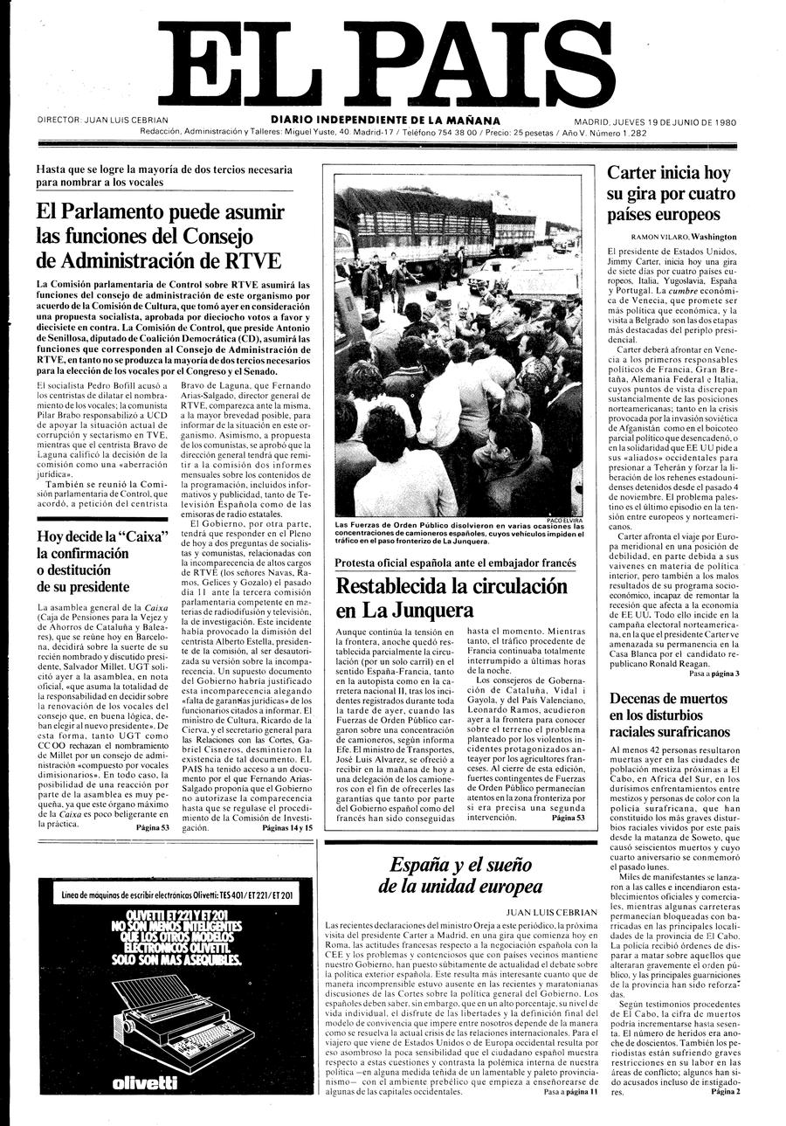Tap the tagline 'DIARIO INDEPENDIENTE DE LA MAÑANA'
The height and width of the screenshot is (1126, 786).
[385, 121]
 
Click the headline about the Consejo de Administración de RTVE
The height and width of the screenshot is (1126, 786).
[161, 236]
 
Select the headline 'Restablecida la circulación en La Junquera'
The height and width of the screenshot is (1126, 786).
[451, 598]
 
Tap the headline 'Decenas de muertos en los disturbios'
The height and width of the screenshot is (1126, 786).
[669, 715]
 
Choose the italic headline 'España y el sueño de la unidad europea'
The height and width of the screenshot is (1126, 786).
[460, 875]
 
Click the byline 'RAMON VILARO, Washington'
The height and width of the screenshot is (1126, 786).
[683, 237]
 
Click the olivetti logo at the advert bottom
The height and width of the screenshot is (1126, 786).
[145, 1083]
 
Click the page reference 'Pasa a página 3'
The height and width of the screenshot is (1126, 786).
[714, 674]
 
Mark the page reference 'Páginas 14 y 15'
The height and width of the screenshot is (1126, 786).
[286, 828]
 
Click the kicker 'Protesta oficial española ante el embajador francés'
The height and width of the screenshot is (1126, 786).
[455, 562]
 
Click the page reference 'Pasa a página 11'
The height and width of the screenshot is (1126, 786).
[570, 1091]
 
